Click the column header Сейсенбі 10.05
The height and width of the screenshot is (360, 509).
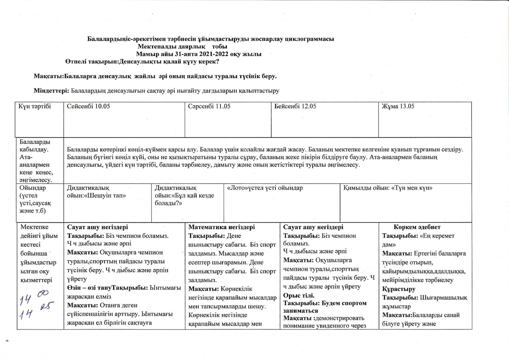88,106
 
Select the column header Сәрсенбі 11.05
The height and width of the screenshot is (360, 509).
209,106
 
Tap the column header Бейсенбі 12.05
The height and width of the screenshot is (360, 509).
295,106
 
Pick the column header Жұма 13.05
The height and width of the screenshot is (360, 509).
398,106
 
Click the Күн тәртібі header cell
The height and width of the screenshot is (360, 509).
34,106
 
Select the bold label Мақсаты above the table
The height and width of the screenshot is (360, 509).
48,76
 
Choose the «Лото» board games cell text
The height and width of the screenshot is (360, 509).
265,188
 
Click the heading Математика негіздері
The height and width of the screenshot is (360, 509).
221,227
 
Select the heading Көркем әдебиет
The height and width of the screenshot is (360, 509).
417,227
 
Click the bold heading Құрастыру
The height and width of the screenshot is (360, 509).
399,289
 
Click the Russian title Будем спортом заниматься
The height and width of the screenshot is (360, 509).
325,307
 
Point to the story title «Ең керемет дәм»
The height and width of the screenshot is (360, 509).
418,240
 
